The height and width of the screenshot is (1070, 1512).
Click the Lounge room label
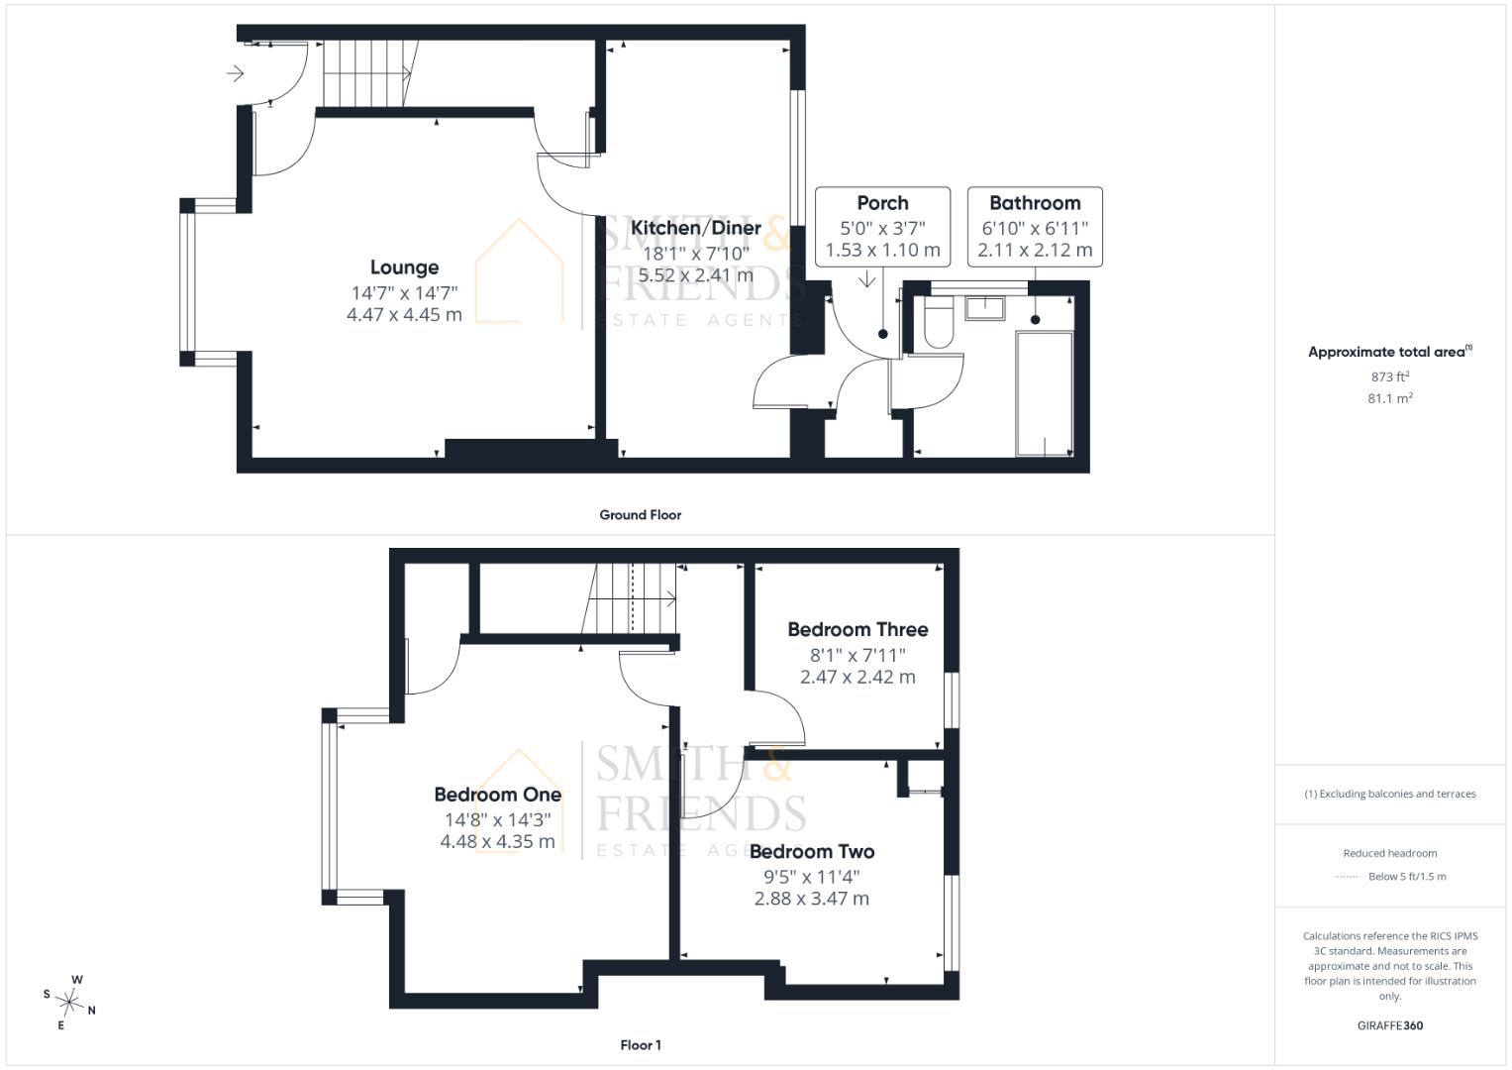point(404,267)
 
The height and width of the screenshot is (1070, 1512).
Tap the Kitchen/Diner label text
point(696,228)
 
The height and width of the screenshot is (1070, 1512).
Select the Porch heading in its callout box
point(882,203)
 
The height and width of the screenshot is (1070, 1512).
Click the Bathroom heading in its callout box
point(1035,203)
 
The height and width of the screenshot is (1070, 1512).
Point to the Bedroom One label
point(498,795)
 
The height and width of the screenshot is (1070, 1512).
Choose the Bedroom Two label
point(812,852)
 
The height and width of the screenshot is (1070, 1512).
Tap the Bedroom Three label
point(857,629)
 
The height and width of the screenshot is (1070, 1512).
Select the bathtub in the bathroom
point(1045,394)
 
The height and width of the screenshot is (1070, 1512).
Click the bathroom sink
point(985,308)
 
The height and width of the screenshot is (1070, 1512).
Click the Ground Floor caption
point(640,515)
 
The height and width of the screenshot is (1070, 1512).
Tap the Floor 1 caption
point(641,1045)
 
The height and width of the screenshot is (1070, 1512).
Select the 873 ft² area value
point(1390,376)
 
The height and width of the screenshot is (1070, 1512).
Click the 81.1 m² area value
point(1390,398)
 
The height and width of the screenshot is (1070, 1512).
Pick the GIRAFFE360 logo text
point(1390,1025)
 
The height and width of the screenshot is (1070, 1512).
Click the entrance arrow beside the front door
point(235,73)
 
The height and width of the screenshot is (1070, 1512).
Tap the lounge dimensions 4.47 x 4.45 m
point(404,315)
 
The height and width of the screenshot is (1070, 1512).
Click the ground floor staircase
point(368,73)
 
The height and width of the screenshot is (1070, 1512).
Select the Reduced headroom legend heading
point(1390,853)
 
